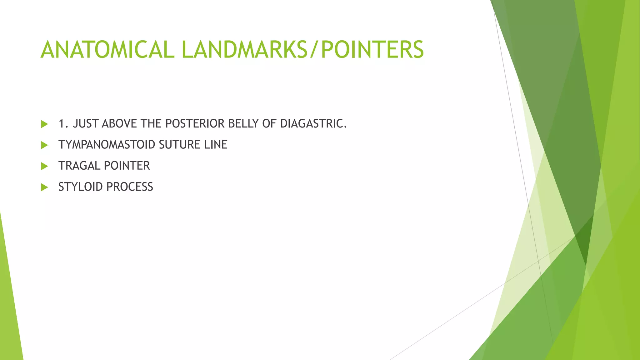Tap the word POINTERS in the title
(372, 50)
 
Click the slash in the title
(314, 50)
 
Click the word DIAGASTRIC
(313, 124)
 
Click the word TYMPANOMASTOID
(107, 145)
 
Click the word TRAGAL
(79, 166)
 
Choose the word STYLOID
(80, 187)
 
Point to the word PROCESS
(129, 187)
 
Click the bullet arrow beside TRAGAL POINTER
(44, 166)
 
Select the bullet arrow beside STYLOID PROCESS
(44, 187)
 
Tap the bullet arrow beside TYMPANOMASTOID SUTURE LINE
(44, 145)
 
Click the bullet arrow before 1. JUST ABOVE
(44, 124)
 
